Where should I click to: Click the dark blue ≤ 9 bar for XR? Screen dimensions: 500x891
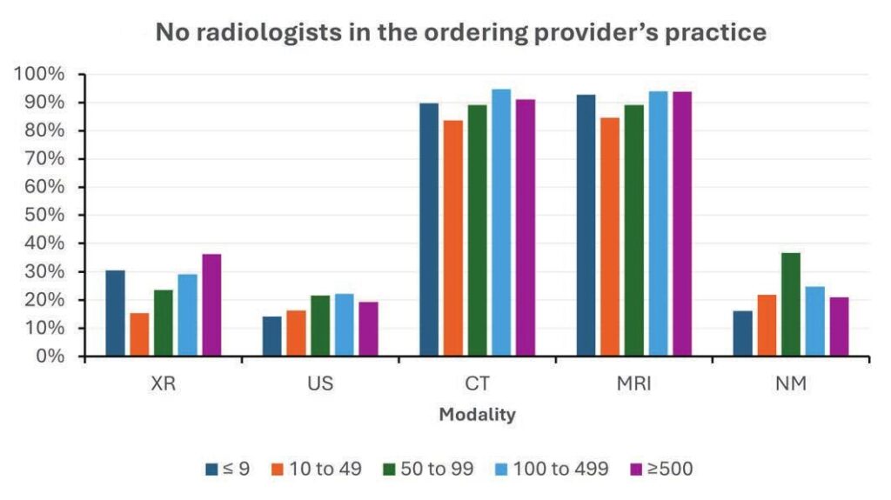[x=115, y=313]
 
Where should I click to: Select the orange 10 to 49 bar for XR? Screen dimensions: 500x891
[x=139, y=334]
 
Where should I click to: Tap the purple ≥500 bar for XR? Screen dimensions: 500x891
[x=212, y=305]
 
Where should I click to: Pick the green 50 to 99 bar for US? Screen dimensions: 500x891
[x=320, y=326]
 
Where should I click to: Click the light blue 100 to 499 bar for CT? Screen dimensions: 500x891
[x=501, y=223]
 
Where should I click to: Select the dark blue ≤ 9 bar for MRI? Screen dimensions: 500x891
[x=586, y=225]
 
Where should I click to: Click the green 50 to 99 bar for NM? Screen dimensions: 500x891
[x=790, y=304]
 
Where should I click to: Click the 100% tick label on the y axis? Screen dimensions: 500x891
[x=39, y=75]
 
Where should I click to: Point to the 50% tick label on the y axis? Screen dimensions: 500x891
[x=43, y=216]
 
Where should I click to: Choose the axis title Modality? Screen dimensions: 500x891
[x=477, y=415]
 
